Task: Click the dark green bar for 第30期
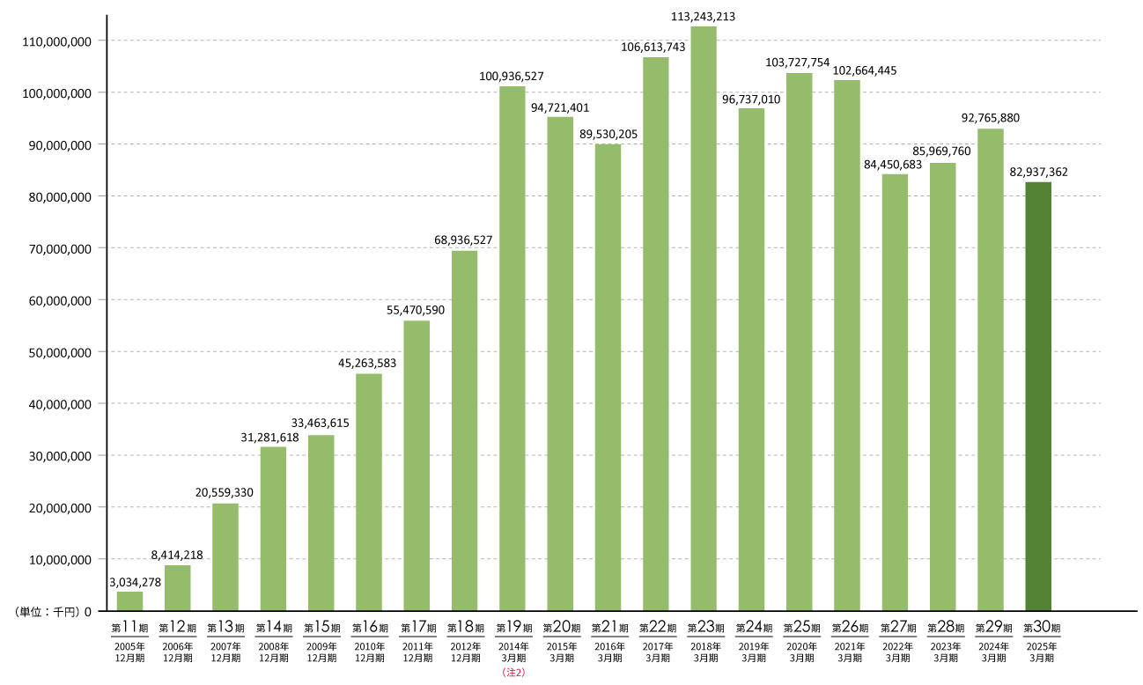(1038, 396)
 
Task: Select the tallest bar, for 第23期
(704, 317)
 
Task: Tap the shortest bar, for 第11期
(129, 601)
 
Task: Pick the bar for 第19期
(513, 348)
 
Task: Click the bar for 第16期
(369, 491)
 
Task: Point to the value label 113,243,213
(703, 16)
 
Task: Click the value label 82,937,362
(1039, 172)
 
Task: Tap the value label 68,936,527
(463, 239)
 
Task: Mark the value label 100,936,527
(512, 76)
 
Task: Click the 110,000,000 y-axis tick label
(55, 41)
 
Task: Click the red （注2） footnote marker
(513, 672)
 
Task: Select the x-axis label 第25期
(800, 628)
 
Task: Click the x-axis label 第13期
(225, 628)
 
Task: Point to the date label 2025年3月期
(1038, 652)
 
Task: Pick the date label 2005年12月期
(129, 652)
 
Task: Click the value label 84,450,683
(896, 163)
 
